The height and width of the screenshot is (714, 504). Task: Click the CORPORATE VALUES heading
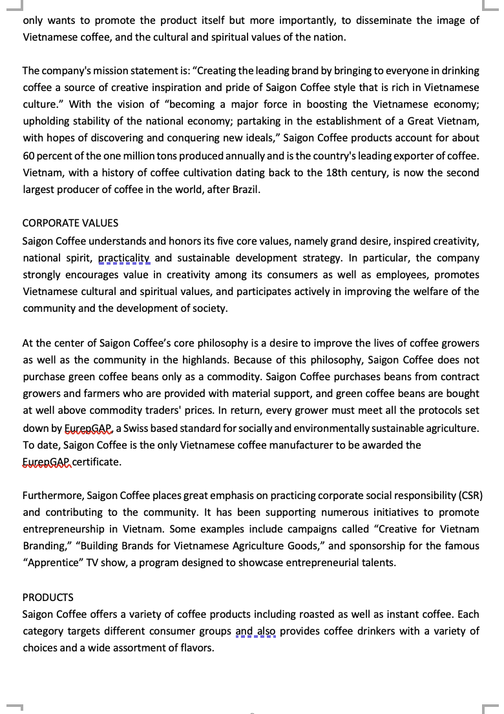click(x=70, y=223)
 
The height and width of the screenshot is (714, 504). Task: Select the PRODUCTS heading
click(x=48, y=598)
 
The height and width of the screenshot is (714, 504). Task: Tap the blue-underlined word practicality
click(x=124, y=258)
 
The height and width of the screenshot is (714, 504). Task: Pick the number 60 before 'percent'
click(x=29, y=156)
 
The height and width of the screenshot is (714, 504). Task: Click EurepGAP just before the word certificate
click(x=46, y=462)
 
